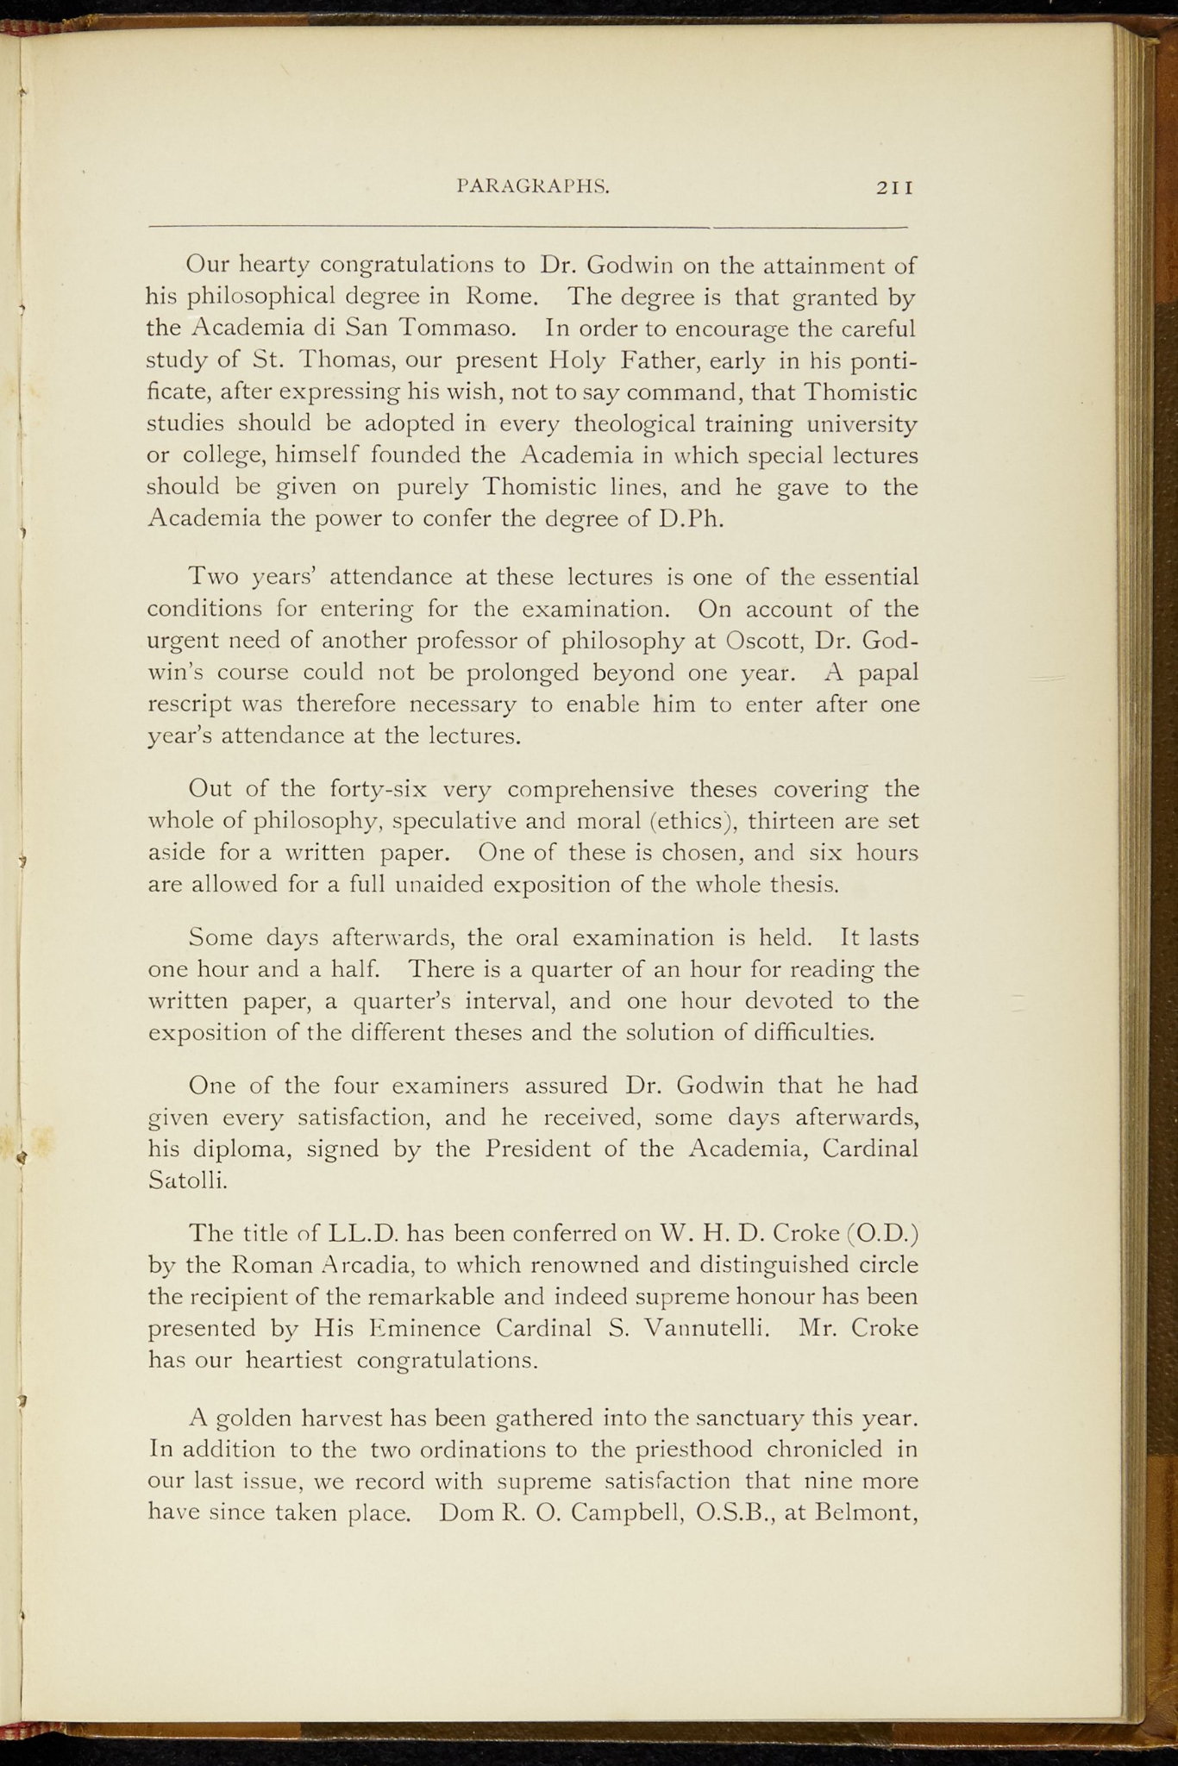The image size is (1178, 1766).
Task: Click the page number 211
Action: click(x=894, y=186)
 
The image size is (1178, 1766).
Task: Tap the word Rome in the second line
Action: click(x=502, y=297)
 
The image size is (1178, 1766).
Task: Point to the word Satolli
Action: click(x=187, y=1180)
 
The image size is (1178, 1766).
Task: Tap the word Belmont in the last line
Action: click(x=862, y=1513)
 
